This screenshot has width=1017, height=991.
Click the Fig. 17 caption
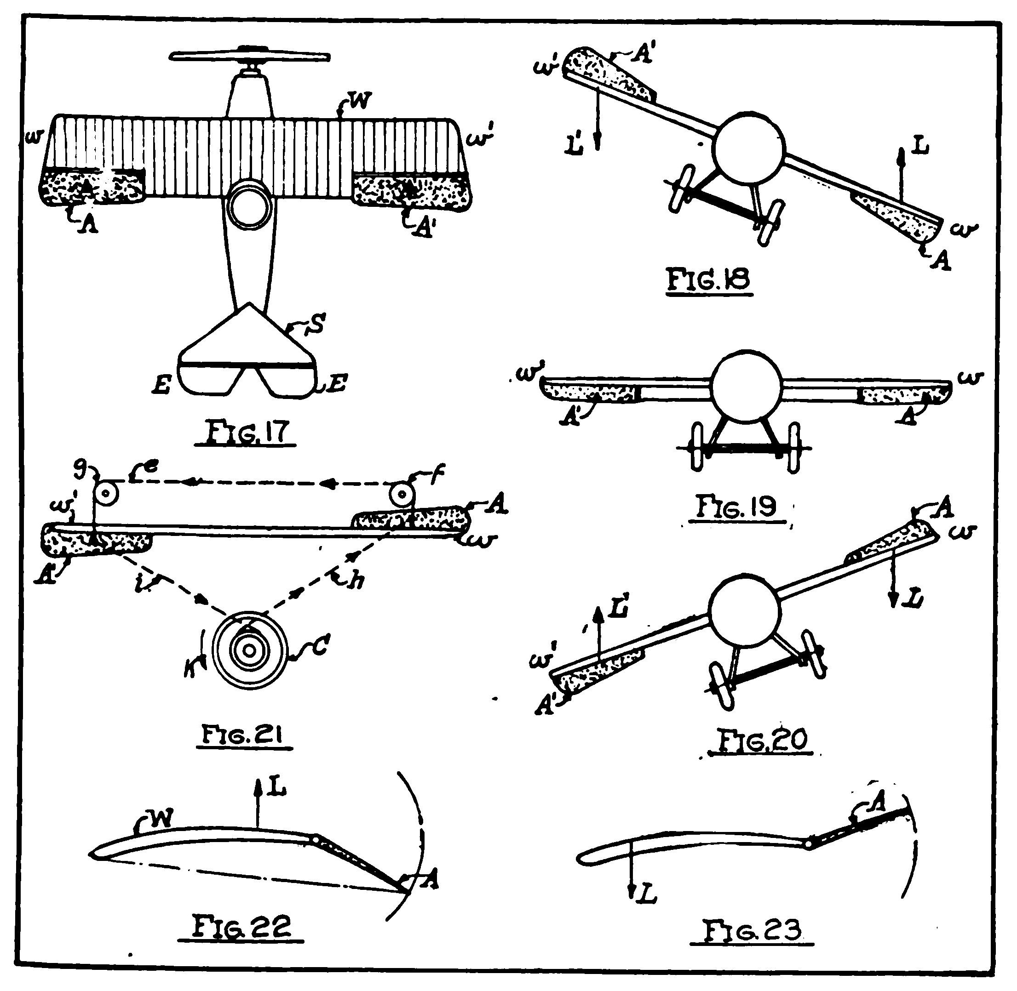(245, 432)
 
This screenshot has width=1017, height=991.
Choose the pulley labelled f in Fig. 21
(402, 495)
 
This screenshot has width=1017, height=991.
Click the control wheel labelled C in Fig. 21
(250, 650)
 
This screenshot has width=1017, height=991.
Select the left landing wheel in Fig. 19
(697, 447)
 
